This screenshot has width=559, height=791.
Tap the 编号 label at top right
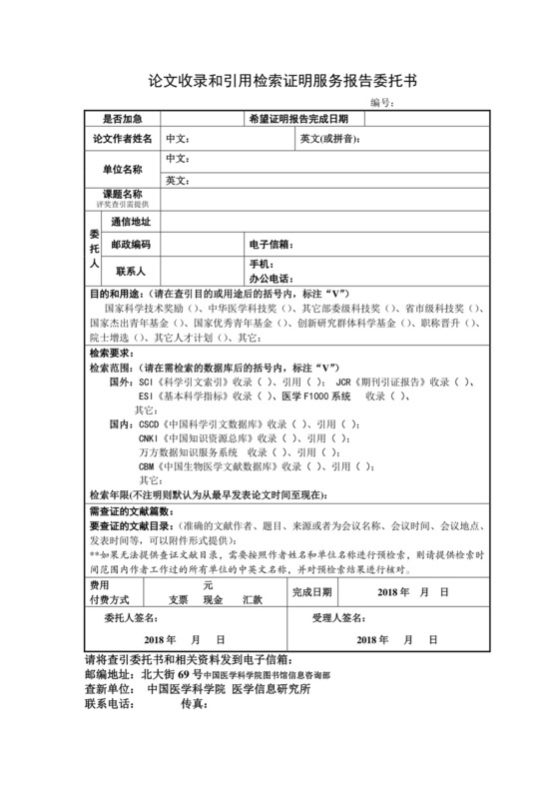(381, 102)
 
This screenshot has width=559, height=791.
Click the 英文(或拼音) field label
(328, 138)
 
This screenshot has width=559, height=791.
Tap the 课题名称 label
(122, 194)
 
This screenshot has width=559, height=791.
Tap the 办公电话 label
(270, 277)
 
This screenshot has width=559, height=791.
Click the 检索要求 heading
(112, 353)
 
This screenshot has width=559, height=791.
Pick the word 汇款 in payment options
(252, 600)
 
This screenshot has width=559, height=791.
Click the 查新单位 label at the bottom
(109, 688)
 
